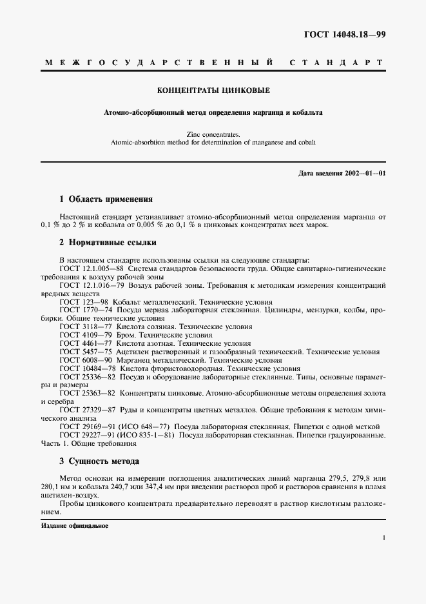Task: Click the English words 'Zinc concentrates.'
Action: point(213,134)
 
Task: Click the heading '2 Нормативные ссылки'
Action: point(108,243)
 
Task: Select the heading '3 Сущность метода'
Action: point(99,461)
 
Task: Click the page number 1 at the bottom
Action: point(383,537)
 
